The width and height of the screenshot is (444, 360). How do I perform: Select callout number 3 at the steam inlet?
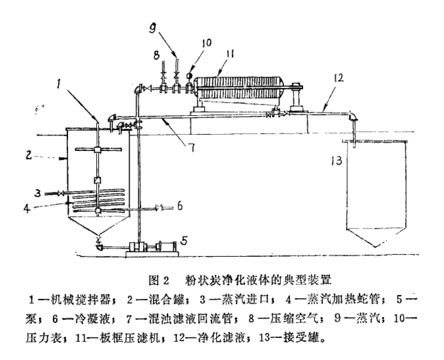coord(38,192)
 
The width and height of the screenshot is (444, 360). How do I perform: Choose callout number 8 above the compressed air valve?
coord(155,55)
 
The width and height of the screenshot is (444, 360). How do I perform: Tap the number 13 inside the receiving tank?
coord(338,160)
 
